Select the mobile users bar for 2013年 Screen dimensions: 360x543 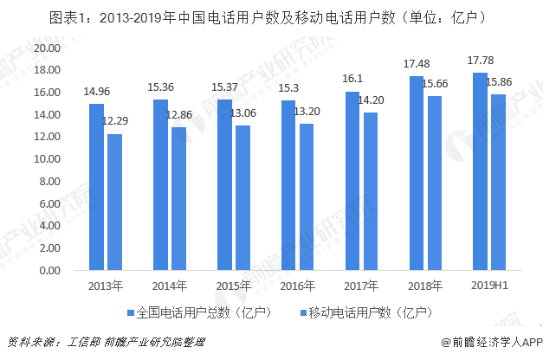click(x=115, y=202)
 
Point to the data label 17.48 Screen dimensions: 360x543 click(x=417, y=63)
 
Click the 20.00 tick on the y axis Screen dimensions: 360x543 click(x=45, y=48)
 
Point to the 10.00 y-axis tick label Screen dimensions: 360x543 click(x=45, y=159)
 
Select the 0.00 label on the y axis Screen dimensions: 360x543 click(x=48, y=271)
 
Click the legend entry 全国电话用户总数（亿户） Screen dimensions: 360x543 click(x=200, y=311)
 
